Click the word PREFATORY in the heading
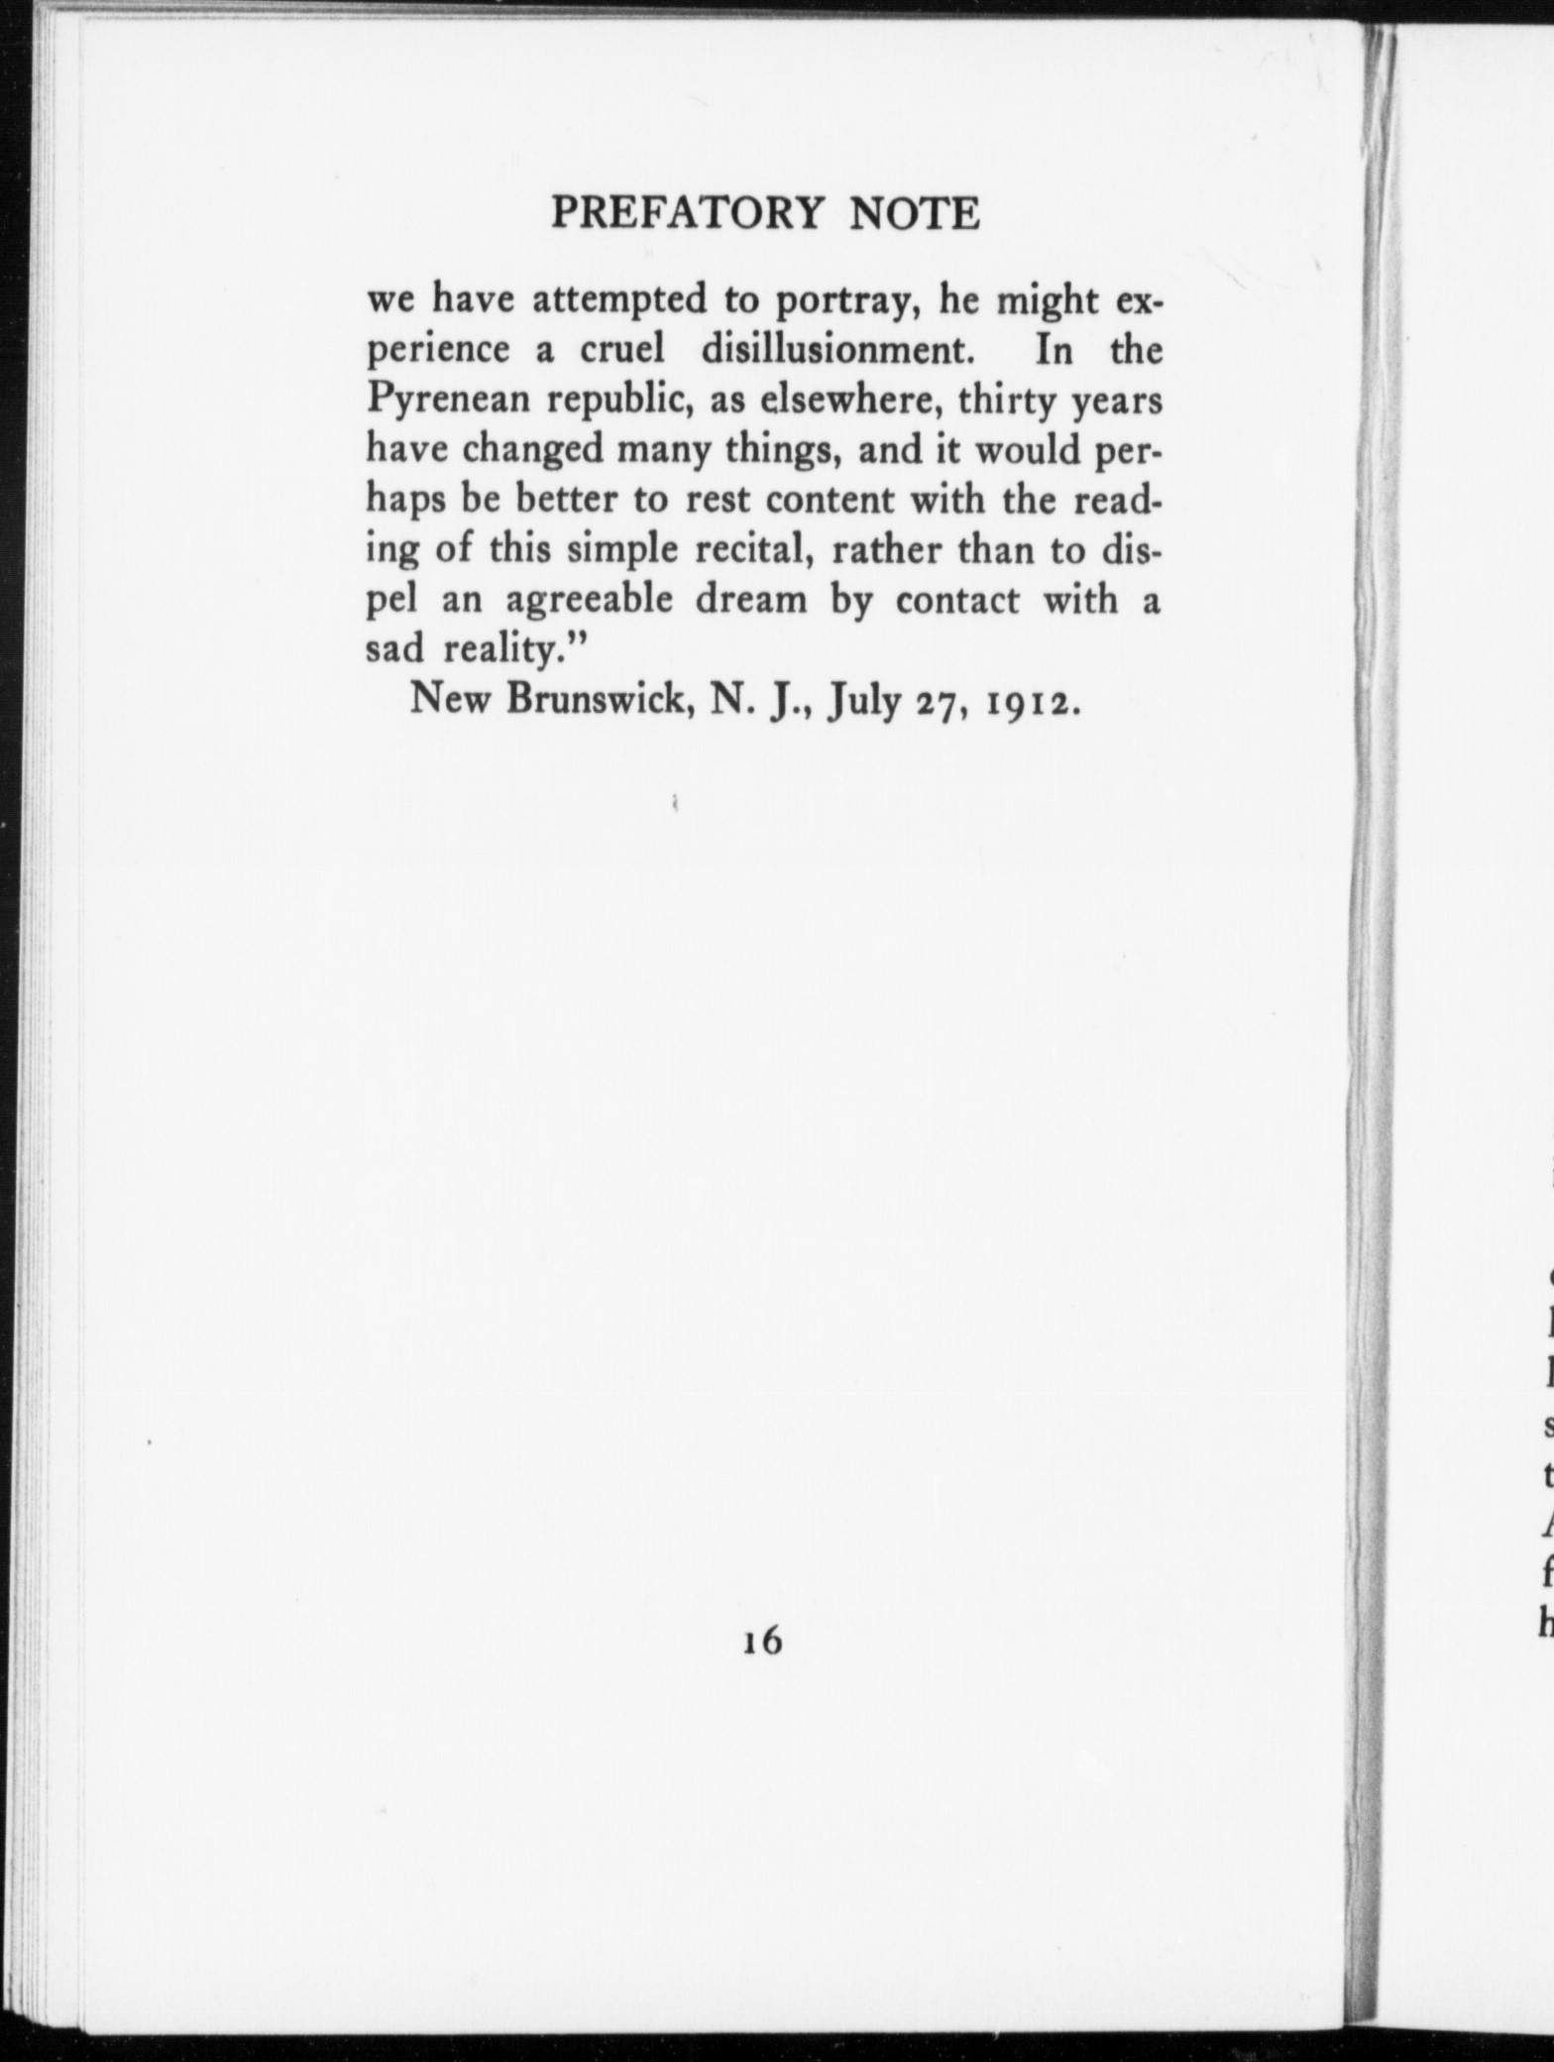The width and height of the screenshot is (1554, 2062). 687,214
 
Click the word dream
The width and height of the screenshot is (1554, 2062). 751,599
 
